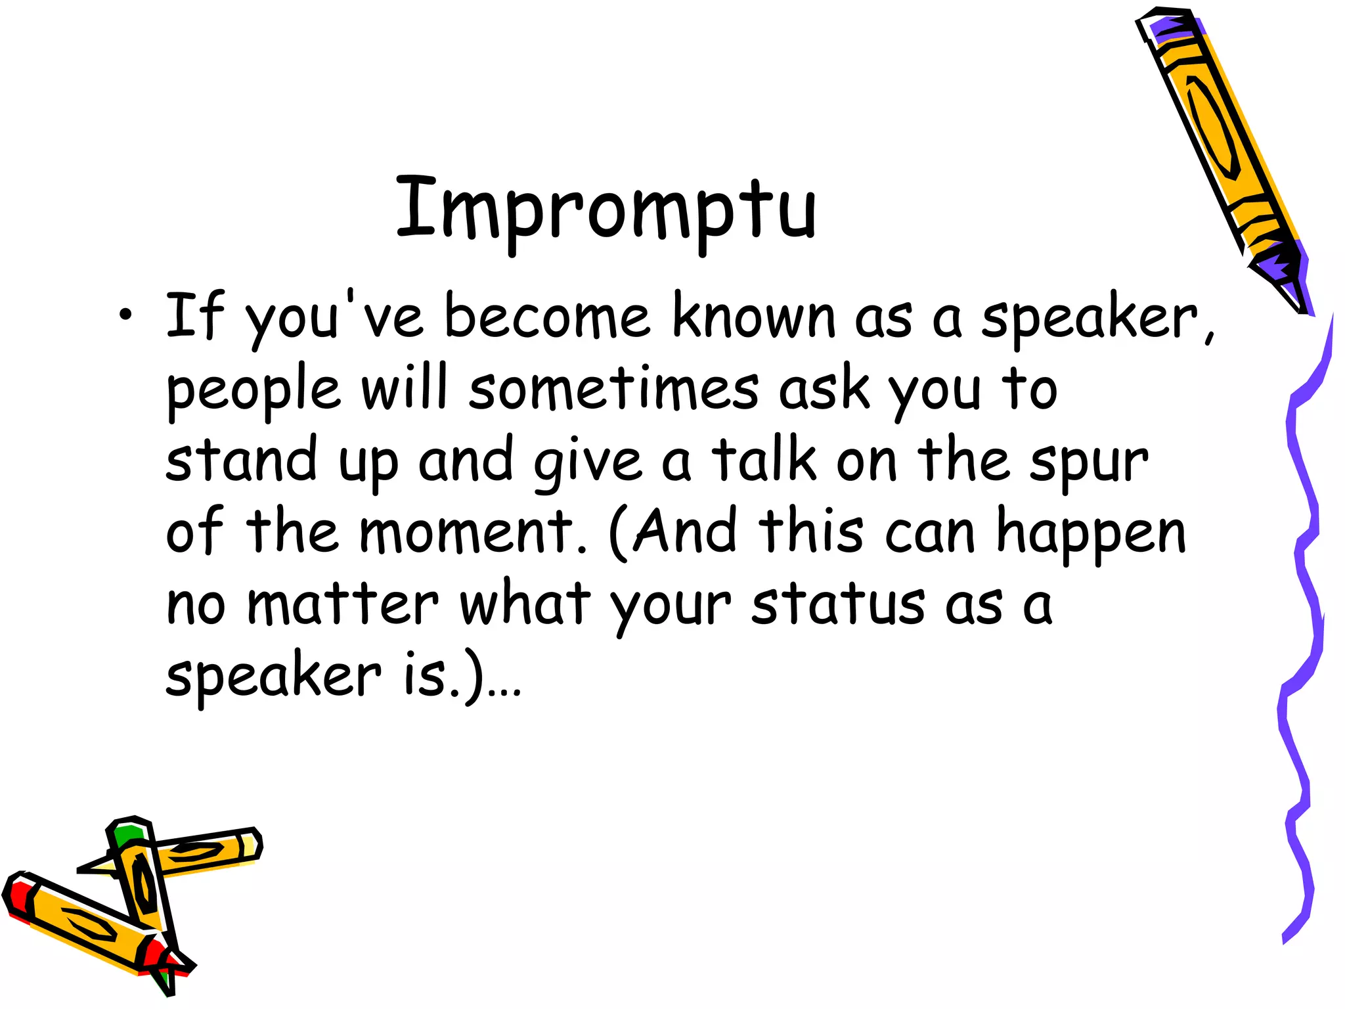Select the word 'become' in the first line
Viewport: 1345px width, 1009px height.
click(x=547, y=318)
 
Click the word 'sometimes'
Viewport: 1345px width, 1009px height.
click(x=614, y=390)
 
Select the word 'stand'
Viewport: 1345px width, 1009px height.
click(x=241, y=460)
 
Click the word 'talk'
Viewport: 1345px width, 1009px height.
click(x=764, y=460)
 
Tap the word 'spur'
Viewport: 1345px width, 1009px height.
click(x=1088, y=464)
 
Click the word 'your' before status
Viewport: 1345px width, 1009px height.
click(x=670, y=608)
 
